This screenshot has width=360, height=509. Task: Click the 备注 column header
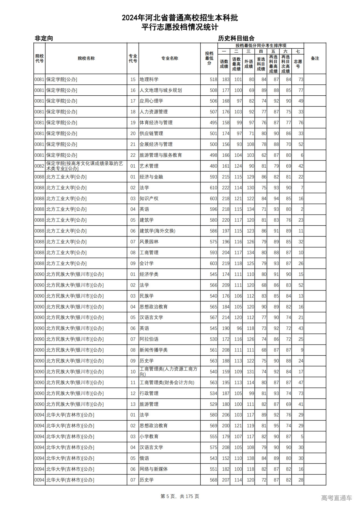pos(315,58)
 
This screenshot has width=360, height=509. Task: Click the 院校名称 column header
pos(86,58)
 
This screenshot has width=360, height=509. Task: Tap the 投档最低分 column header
pos(209,58)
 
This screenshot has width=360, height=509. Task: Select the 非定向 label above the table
pos(44,38)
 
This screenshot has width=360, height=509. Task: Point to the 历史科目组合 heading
pos(236,38)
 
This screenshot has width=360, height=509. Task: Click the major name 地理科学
pos(149,80)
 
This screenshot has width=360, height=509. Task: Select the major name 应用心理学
pos(151,101)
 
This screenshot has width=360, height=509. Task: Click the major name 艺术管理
pos(149,166)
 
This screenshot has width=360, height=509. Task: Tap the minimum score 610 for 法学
pos(213,188)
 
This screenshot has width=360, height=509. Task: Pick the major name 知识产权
pos(149,199)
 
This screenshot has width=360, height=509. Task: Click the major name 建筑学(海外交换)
pos(157,231)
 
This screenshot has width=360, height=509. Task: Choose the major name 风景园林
pos(149,242)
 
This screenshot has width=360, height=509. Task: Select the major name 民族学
pos(147,296)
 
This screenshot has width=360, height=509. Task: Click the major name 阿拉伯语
pos(149,339)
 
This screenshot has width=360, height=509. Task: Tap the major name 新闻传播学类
pos(154,350)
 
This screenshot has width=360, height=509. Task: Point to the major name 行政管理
pos(149,393)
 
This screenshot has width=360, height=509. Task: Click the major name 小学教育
pos(149,436)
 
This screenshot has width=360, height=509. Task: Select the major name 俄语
pos(145,458)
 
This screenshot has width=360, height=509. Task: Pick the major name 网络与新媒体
pos(154,469)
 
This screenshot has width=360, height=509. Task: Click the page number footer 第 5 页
pos(168,496)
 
